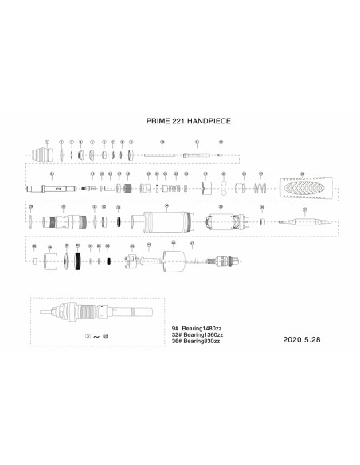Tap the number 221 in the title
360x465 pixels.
pos(175,123)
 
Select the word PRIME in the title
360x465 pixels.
pos(156,123)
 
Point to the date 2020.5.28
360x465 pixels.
pos(302,337)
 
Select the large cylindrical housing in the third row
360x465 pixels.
pos(166,221)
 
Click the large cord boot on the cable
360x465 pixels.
pos(174,260)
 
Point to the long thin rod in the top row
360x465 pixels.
pos(162,154)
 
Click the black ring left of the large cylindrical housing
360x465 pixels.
pos(119,221)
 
